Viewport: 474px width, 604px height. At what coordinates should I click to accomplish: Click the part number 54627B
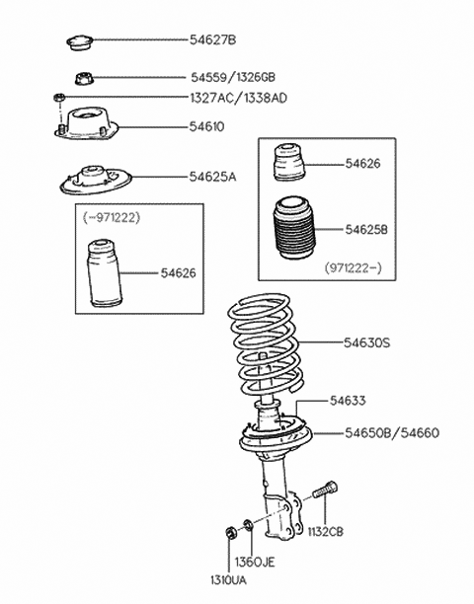(x=212, y=39)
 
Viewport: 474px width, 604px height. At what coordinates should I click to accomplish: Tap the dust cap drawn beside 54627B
(x=80, y=42)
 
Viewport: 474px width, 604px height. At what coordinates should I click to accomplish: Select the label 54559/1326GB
(x=233, y=77)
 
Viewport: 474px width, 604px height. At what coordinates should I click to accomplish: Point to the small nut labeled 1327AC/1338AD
(x=58, y=97)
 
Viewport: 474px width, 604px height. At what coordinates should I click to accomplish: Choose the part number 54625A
(x=212, y=177)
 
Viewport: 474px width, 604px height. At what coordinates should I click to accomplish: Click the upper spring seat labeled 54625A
(x=96, y=181)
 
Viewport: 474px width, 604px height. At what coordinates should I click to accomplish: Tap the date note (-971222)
(x=112, y=218)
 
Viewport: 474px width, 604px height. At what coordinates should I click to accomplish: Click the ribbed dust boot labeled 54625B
(x=293, y=228)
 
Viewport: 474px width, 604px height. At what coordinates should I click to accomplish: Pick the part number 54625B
(x=366, y=230)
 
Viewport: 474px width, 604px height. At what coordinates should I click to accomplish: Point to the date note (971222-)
(x=353, y=266)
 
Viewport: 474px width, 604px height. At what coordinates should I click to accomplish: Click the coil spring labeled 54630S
(x=266, y=344)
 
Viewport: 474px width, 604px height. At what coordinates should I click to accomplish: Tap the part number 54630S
(x=367, y=342)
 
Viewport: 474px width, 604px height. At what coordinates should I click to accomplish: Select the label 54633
(x=348, y=401)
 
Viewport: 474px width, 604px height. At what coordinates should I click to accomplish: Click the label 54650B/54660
(x=392, y=433)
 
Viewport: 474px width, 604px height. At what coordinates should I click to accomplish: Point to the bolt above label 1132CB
(x=324, y=490)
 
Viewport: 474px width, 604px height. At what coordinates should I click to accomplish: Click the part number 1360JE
(x=255, y=562)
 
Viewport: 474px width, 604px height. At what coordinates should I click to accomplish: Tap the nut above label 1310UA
(x=230, y=533)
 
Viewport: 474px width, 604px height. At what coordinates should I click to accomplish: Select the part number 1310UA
(x=228, y=580)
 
